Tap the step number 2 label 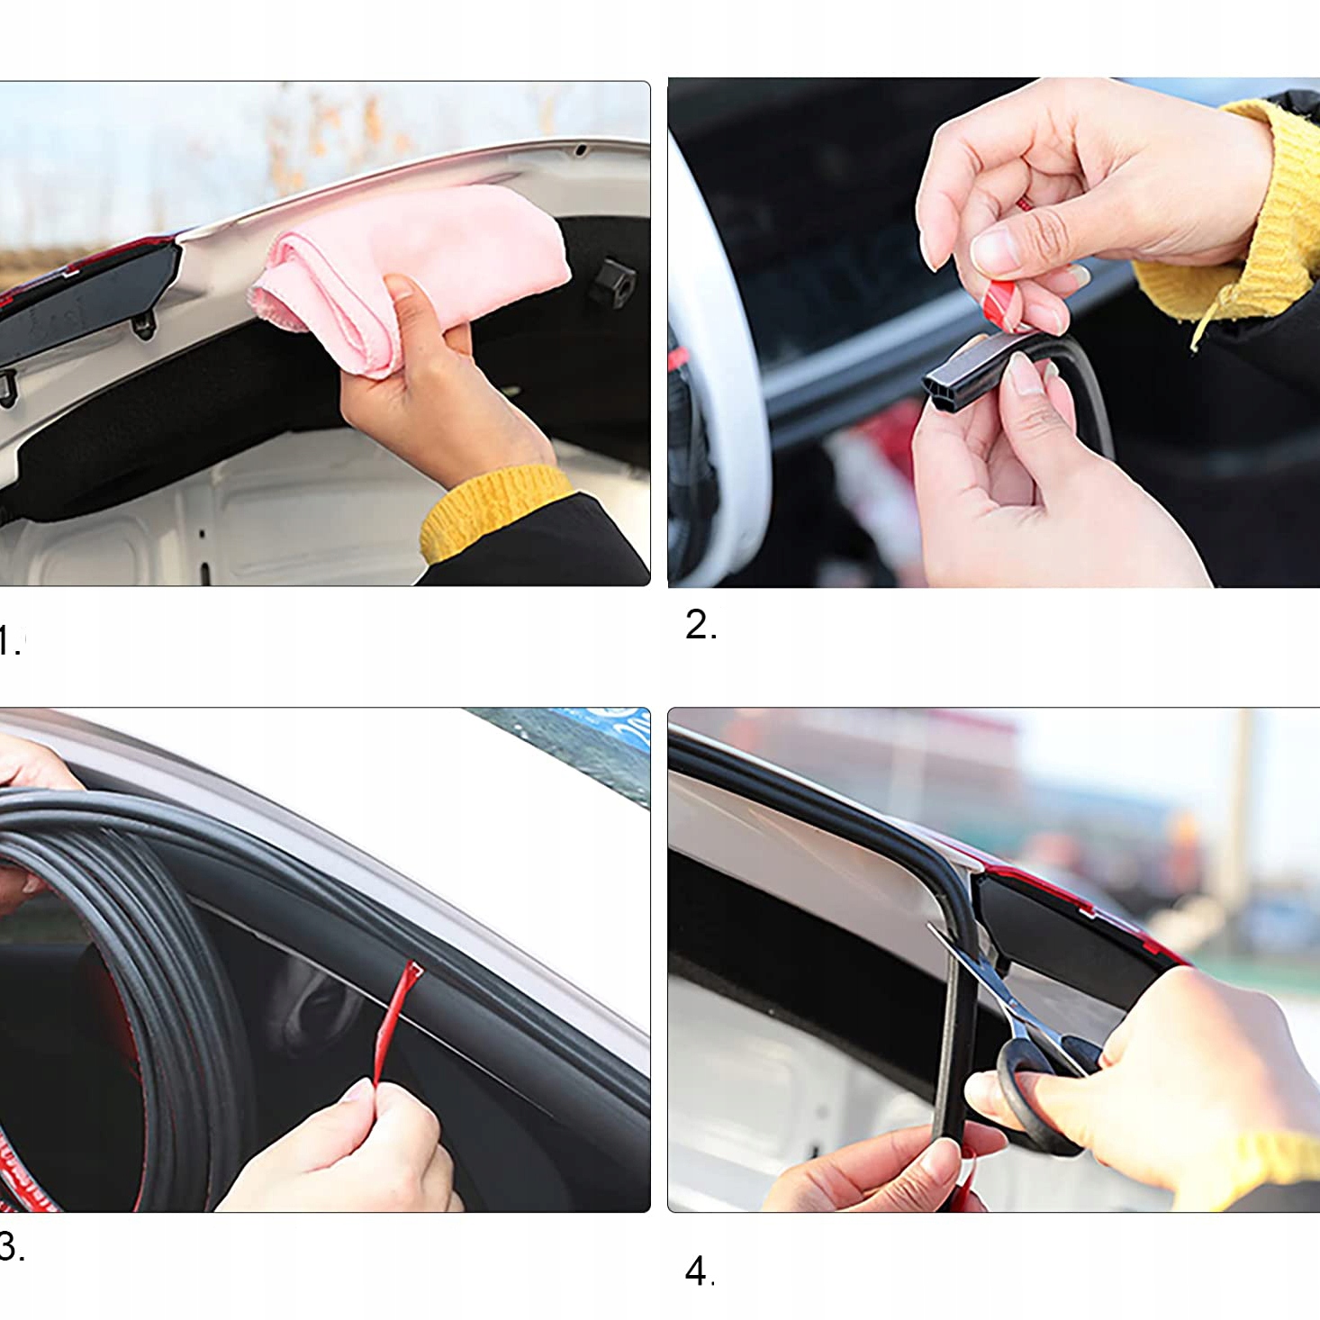[701, 625]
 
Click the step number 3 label [12, 1246]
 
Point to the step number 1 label [10, 640]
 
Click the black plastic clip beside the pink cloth [611, 282]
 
